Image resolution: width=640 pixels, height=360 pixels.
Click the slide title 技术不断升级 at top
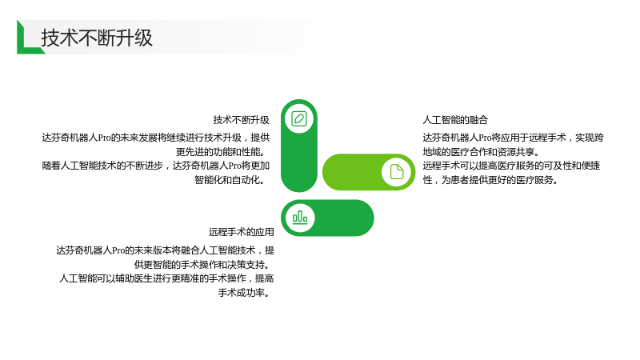97,38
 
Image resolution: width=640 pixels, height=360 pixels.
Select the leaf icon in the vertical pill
299,118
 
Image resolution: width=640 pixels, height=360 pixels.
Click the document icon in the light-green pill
396,172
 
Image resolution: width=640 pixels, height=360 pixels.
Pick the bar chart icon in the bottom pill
300,218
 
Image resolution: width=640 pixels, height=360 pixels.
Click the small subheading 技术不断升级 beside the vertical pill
242,120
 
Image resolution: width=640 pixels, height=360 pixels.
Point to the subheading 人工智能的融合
455,120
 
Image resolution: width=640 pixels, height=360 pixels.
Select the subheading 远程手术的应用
242,232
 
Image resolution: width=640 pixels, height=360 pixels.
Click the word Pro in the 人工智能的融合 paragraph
485,138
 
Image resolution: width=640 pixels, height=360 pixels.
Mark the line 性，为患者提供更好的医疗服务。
490,180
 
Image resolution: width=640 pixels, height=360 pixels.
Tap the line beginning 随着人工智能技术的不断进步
155,166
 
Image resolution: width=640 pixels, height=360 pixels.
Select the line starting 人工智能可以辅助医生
166,278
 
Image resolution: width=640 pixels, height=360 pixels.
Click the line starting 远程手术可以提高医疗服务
511,166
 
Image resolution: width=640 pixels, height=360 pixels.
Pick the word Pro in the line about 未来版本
118,250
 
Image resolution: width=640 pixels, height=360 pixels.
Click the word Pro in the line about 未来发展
105,138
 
